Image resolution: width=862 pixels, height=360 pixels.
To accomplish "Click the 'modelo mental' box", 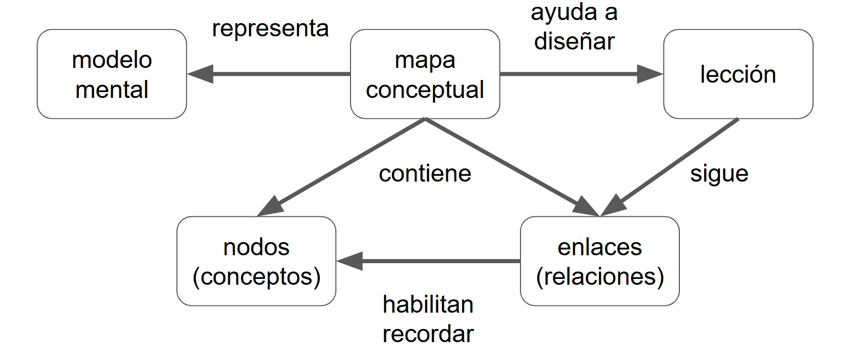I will [112, 74].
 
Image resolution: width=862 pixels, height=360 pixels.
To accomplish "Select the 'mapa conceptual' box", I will [425, 74].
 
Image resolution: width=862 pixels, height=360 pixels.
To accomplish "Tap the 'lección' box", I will [738, 74].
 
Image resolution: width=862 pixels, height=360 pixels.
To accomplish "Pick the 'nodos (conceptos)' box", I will [256, 261].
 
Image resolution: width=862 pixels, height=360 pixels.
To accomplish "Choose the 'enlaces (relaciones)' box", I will [599, 261].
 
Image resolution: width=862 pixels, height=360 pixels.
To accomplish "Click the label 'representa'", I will [270, 28].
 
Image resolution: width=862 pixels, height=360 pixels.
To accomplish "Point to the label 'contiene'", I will [425, 174].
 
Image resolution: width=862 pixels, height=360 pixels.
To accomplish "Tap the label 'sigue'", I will [719, 174].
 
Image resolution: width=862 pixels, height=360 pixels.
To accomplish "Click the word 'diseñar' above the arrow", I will [574, 42].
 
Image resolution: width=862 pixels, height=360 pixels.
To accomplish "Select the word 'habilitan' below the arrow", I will [428, 305].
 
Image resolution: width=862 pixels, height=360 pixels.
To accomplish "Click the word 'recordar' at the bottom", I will [428, 334].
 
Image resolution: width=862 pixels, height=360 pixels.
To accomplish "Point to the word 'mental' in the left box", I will [112, 89].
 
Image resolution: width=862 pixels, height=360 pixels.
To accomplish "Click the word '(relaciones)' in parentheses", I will [599, 276].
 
